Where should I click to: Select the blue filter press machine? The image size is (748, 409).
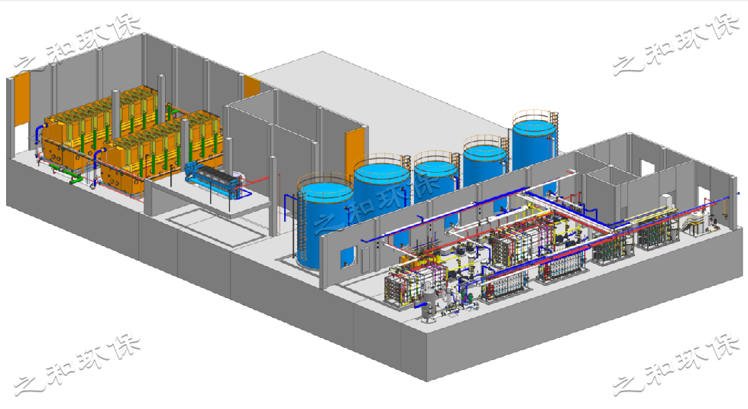[214, 178]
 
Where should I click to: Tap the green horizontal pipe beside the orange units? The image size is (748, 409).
[76, 180]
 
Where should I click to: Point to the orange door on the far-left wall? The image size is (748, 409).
[21, 99]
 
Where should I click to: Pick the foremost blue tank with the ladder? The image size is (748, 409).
[325, 222]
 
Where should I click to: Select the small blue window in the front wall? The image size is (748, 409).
[348, 257]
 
